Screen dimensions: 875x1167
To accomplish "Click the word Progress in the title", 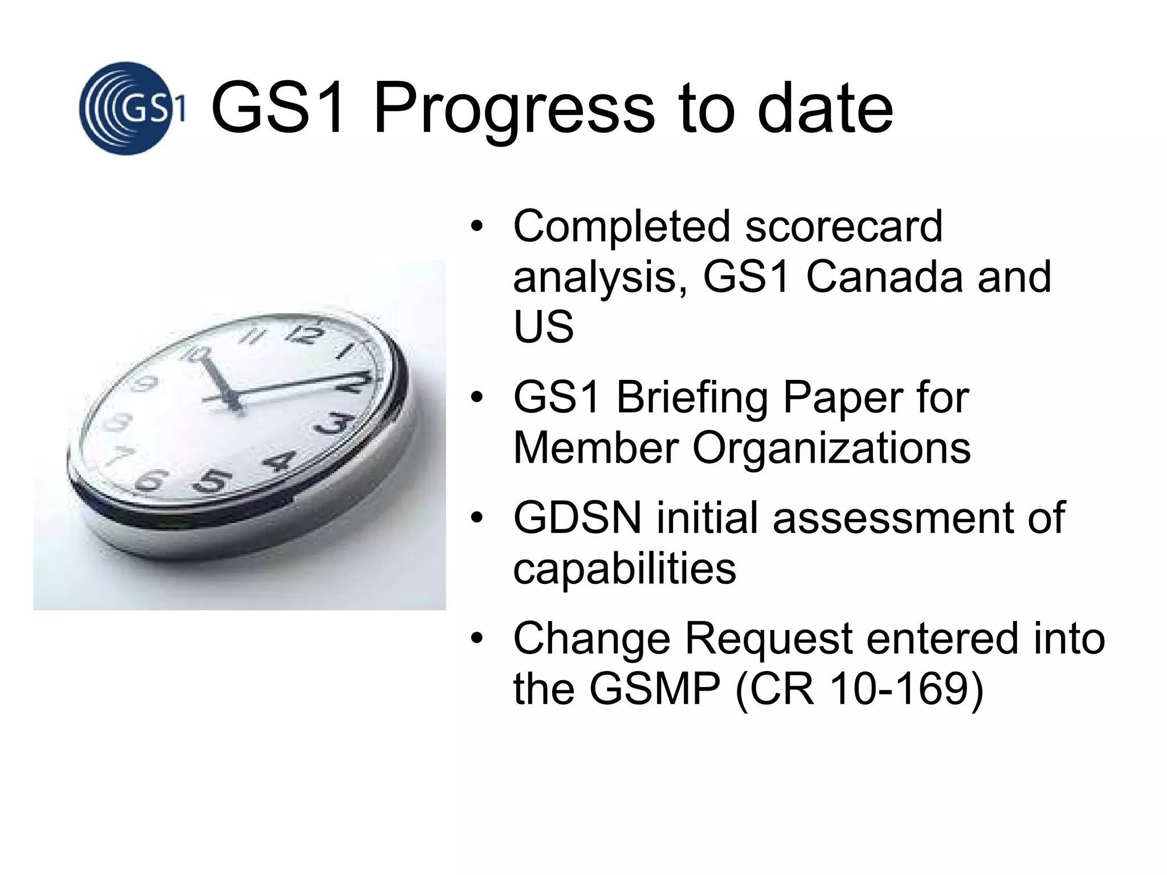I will (514, 109).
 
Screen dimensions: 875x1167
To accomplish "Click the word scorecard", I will (844, 227).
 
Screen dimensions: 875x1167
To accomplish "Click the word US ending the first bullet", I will (543, 328).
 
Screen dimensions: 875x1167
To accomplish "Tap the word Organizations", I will (831, 448).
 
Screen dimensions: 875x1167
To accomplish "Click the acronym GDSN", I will (577, 518).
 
